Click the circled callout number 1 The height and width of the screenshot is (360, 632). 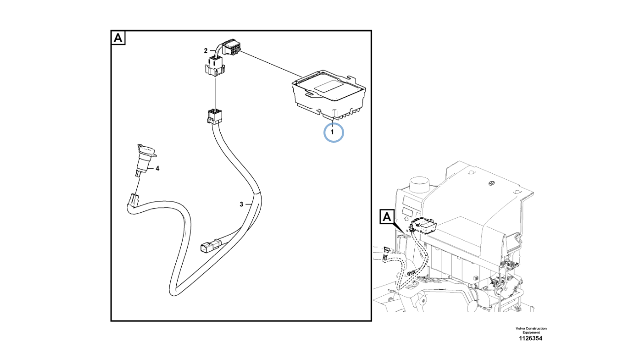pyautogui.click(x=332, y=132)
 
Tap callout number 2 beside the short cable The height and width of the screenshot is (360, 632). pyautogui.click(x=206, y=51)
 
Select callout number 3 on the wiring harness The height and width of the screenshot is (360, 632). pyautogui.click(x=241, y=204)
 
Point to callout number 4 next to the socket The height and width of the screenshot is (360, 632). pyautogui.click(x=158, y=168)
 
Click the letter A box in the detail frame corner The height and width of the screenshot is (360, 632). pyautogui.click(x=118, y=38)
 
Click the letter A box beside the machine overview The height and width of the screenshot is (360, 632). pyautogui.click(x=387, y=217)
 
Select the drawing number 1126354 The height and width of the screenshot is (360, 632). pyautogui.click(x=531, y=338)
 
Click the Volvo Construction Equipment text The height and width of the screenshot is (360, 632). pyautogui.click(x=531, y=330)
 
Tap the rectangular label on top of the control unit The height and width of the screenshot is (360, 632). pyautogui.click(x=328, y=86)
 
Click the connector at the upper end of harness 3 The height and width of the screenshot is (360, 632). pyautogui.click(x=214, y=117)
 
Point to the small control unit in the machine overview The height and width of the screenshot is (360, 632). pyautogui.click(x=424, y=226)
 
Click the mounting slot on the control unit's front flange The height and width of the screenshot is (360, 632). pyautogui.click(x=313, y=93)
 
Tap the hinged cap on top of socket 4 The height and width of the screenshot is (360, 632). pyautogui.click(x=147, y=151)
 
